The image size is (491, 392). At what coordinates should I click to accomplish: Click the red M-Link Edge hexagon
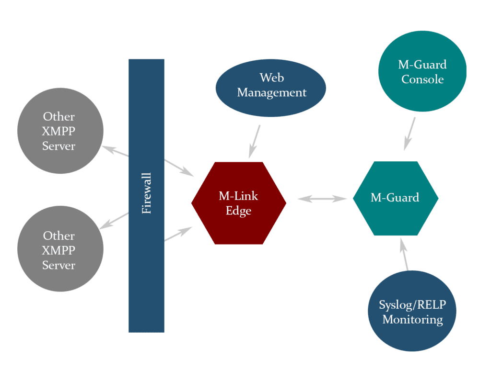239,203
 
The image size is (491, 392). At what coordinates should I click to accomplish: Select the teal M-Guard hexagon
395,198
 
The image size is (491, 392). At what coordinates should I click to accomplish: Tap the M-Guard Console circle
422,71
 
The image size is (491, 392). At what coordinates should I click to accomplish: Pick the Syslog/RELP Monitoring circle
412,311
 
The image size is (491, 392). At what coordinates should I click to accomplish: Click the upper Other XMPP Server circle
60,131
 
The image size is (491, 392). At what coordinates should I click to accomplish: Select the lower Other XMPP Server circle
60,249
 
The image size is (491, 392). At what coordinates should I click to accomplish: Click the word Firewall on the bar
147,193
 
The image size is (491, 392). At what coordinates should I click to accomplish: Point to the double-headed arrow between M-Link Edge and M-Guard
322,198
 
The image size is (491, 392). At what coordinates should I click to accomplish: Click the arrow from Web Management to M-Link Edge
255,142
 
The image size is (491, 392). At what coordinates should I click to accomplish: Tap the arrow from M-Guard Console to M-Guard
409,134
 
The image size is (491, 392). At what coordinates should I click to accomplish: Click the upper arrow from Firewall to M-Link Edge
179,168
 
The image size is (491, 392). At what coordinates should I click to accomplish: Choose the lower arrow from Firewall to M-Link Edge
178,234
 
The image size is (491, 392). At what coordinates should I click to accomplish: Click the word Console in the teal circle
422,79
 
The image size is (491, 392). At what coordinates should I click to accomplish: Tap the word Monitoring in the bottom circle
412,319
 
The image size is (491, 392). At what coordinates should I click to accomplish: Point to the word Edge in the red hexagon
239,211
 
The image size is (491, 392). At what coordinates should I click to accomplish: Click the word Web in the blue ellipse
272,78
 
